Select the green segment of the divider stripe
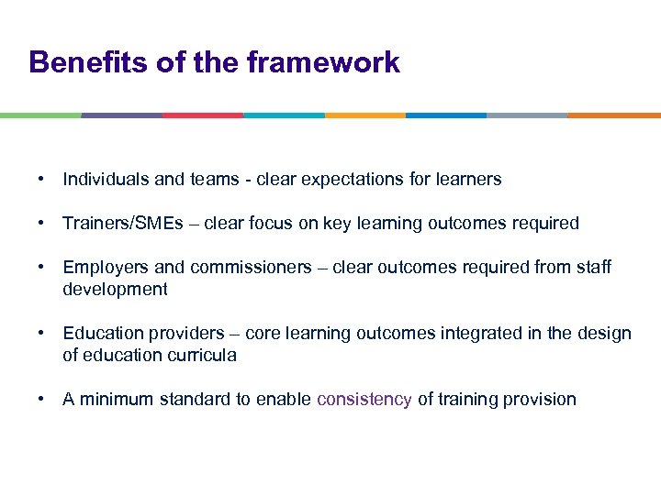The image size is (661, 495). (40, 115)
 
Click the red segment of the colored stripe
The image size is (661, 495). (203, 115)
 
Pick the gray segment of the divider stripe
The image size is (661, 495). (527, 115)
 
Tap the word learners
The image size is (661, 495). (470, 180)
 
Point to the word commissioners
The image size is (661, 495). (251, 268)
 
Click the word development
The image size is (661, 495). (115, 290)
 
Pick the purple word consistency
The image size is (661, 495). (364, 400)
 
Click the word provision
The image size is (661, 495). (541, 400)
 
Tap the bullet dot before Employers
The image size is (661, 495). (43, 268)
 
